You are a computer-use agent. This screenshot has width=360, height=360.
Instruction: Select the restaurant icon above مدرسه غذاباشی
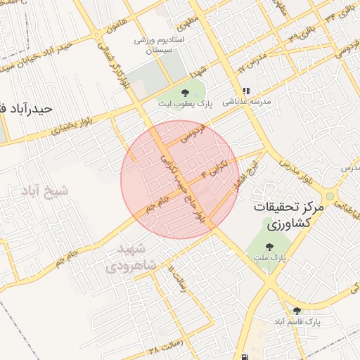(246, 91)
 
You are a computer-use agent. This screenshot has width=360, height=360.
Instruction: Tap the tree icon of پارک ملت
(269, 246)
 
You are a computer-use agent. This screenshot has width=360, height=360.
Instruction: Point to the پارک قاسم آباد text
(295, 321)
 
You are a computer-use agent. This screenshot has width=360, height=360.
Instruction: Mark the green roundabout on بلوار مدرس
(329, 196)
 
